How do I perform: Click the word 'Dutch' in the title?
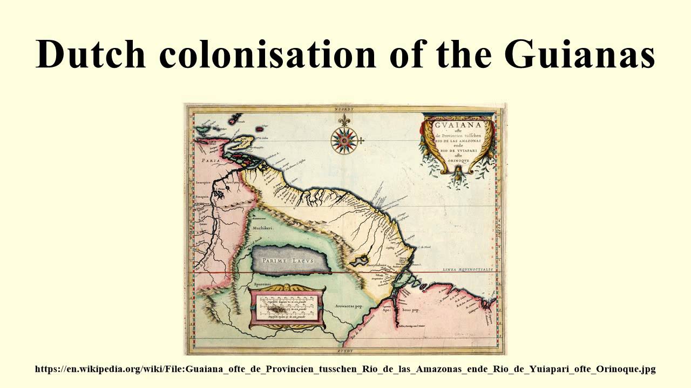(90, 54)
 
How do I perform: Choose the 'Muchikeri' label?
(260, 228)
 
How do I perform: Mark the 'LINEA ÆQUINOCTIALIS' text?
(468, 268)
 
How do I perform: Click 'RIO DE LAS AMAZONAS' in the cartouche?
(458, 140)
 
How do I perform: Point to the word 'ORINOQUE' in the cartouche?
(458, 160)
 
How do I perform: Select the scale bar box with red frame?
(287, 307)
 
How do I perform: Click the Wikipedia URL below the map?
(345, 369)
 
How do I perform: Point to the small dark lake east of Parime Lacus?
(358, 261)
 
